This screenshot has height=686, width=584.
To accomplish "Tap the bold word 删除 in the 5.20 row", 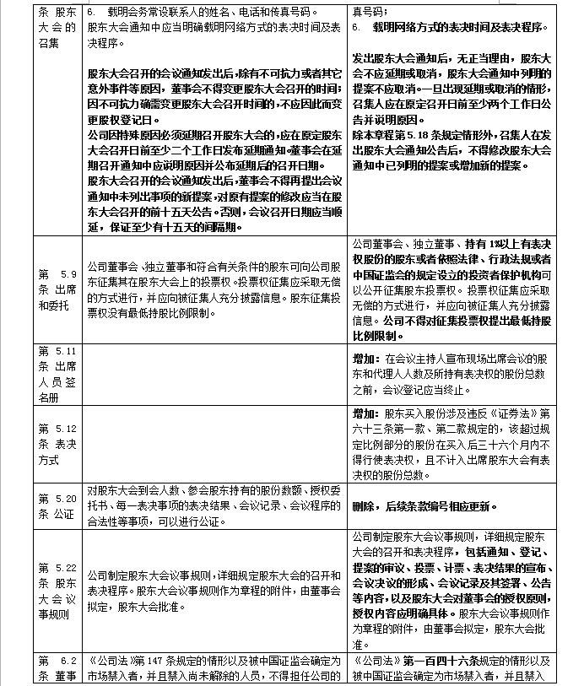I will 365,506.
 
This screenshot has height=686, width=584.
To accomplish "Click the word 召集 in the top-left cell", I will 51,43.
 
